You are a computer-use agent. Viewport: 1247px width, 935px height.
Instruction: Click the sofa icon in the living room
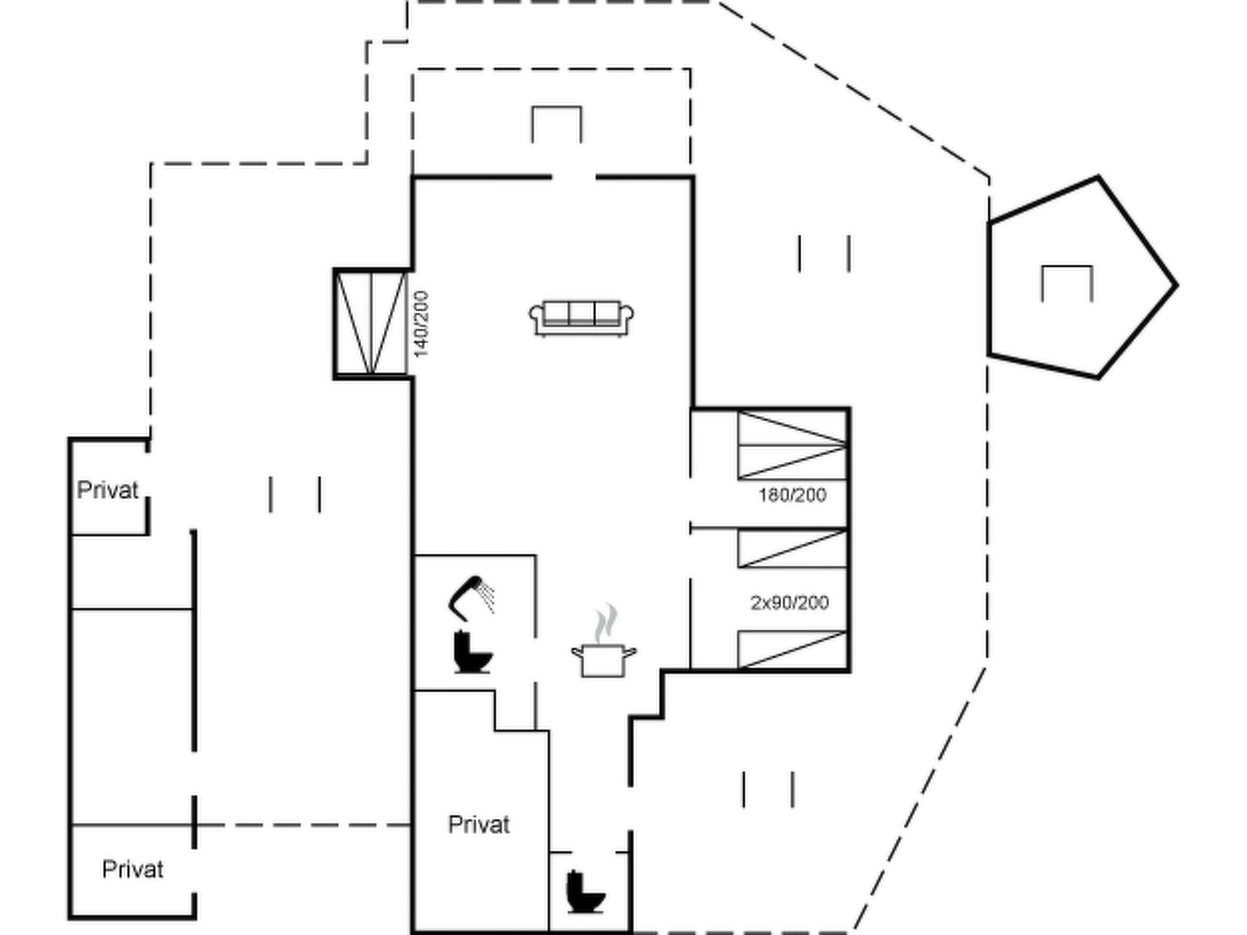pyautogui.click(x=581, y=318)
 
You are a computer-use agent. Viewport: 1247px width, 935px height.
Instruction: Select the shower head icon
pyautogui.click(x=471, y=597)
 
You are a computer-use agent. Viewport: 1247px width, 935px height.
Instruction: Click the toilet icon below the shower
pyautogui.click(x=472, y=652)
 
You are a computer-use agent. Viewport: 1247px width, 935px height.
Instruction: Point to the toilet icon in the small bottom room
pyautogui.click(x=585, y=892)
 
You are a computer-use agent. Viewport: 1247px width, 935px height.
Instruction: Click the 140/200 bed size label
pyautogui.click(x=421, y=324)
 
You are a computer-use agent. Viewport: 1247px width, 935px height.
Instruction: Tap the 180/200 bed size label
pyautogui.click(x=792, y=495)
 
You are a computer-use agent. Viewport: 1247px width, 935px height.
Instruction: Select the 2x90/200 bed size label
pyautogui.click(x=790, y=603)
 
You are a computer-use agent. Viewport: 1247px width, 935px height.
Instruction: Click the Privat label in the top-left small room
pyautogui.click(x=108, y=490)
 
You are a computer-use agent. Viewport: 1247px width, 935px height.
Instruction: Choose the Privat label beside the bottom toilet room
pyautogui.click(x=479, y=825)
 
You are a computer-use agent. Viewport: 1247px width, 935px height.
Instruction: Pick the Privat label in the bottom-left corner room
pyautogui.click(x=133, y=869)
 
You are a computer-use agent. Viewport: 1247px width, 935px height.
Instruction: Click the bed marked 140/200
pyautogui.click(x=371, y=323)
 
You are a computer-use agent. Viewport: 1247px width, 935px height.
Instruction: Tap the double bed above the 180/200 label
pyautogui.click(x=792, y=445)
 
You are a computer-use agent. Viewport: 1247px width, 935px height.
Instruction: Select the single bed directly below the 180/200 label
pyautogui.click(x=792, y=548)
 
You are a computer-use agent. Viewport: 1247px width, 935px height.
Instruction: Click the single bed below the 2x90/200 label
pyautogui.click(x=792, y=650)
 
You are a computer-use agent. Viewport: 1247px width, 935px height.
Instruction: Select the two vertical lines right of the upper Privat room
pyautogui.click(x=295, y=494)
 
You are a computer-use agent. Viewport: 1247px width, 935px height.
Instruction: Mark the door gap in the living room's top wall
pyautogui.click(x=574, y=178)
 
